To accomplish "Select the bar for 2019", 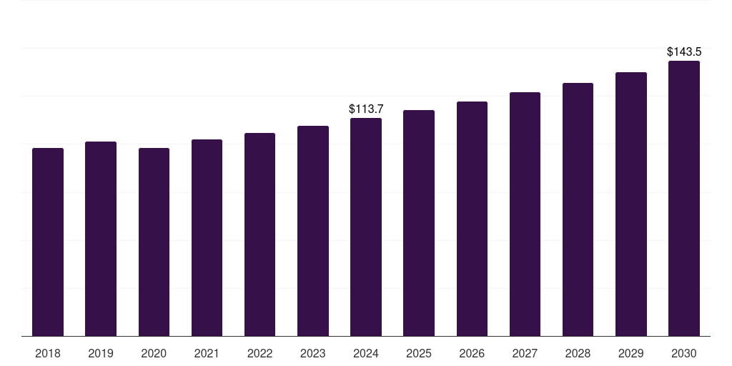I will pyautogui.click(x=101, y=239).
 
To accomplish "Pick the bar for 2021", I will pyautogui.click(x=207, y=237).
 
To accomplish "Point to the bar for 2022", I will pyautogui.click(x=259, y=234).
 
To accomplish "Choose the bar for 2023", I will pyautogui.click(x=313, y=231).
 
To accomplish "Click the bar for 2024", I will pyautogui.click(x=366, y=227).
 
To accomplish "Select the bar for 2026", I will pyautogui.click(x=472, y=219).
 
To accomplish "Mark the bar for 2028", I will pyautogui.click(x=578, y=209).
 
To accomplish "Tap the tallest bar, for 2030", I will pyautogui.click(x=684, y=198).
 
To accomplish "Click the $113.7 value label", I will pyautogui.click(x=366, y=109).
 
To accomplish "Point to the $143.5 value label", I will pyautogui.click(x=684, y=52).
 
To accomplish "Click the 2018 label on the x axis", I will pyautogui.click(x=48, y=353).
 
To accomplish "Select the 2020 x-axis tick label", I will pyautogui.click(x=154, y=353).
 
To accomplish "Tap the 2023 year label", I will pyautogui.click(x=313, y=353).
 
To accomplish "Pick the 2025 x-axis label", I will pyautogui.click(x=419, y=353).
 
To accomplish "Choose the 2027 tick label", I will pyautogui.click(x=525, y=353).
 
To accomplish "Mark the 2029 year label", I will pyautogui.click(x=631, y=353).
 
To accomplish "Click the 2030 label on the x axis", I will pyautogui.click(x=684, y=353).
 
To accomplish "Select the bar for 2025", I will pyautogui.click(x=419, y=223).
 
